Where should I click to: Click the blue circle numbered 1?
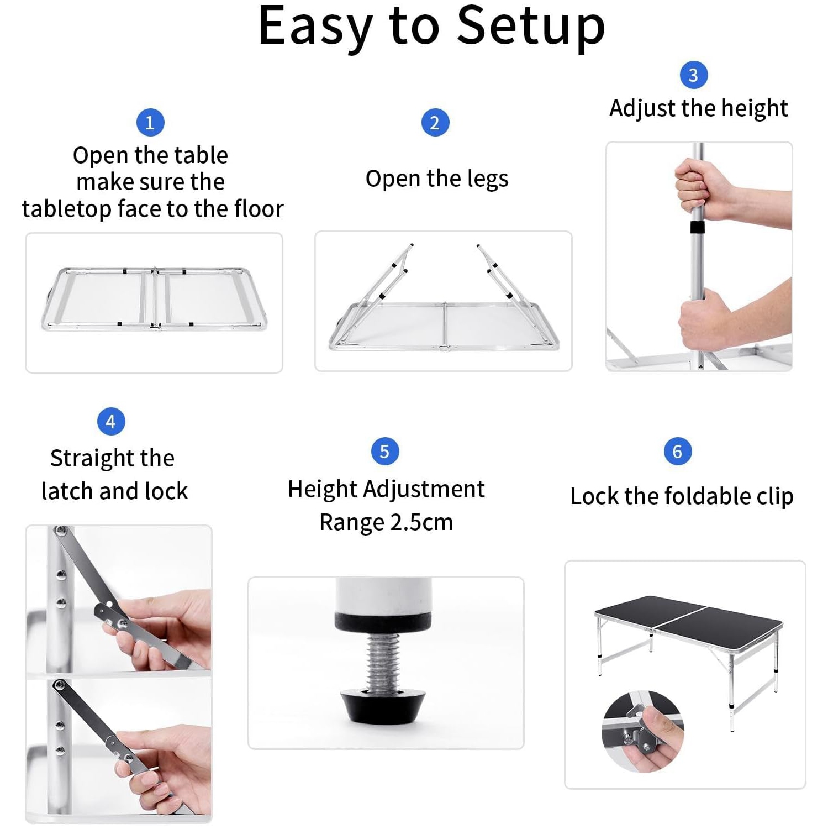pos(150,122)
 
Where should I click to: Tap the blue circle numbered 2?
pos(435,123)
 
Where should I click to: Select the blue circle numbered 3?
pos(694,75)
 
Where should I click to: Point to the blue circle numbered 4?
pos(111,422)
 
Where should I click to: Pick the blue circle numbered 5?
pos(385,452)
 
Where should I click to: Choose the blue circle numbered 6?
pos(678,452)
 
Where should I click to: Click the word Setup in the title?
pos(531,27)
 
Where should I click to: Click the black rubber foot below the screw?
pos(384,706)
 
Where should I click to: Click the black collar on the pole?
pos(697,227)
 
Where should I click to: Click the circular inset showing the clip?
pos(642,731)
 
